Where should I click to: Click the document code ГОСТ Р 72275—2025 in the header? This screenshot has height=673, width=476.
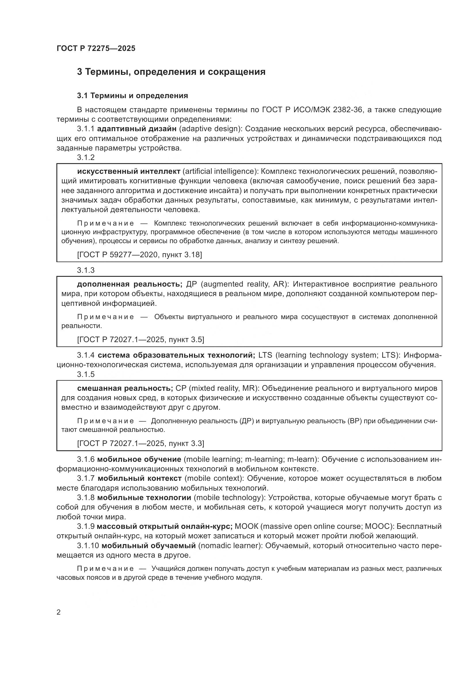pos(96,48)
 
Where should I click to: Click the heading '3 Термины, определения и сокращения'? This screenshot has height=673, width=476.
pos(171,72)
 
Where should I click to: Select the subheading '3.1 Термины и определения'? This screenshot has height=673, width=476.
pos(132,96)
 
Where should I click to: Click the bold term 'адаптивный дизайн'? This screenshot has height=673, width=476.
pos(137,129)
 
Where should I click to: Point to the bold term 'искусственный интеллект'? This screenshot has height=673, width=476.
pos(129,171)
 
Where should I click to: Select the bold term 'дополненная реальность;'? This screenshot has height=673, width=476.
pos(130,284)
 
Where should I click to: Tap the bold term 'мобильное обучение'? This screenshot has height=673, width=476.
pos(139,459)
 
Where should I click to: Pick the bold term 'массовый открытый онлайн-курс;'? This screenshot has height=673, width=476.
pos(164,526)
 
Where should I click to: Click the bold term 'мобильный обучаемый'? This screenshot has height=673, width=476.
pos(148,546)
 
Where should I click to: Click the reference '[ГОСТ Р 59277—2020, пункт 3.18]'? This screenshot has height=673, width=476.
pos(140,254)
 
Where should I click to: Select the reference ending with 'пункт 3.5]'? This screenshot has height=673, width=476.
pos(141,340)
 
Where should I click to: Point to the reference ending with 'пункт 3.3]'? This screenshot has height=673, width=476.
pos(141,443)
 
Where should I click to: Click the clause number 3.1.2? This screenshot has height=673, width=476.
pos(86,157)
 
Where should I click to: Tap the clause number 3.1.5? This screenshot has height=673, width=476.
pos(86,374)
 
